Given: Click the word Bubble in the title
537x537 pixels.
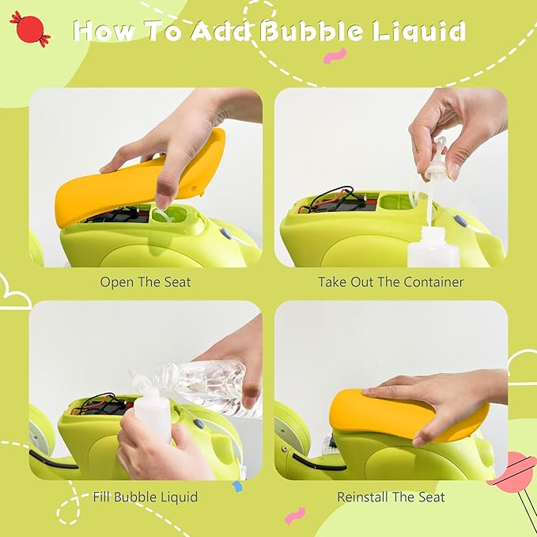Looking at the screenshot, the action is [x=311, y=31].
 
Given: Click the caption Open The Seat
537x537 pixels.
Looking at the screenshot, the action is [x=146, y=282].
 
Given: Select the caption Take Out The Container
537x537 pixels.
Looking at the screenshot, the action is [x=391, y=282].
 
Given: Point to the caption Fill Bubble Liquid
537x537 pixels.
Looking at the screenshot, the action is [x=146, y=497].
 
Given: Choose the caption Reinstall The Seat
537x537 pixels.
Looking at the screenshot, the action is [x=391, y=497].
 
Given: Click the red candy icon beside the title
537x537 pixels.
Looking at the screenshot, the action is [x=30, y=28].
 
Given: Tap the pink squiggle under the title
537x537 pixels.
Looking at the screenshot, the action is [x=335, y=56].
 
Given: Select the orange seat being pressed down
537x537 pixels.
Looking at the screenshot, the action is [x=407, y=416].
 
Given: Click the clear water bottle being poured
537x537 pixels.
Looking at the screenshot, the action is [x=206, y=385].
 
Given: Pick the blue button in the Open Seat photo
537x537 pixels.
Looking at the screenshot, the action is [x=226, y=233].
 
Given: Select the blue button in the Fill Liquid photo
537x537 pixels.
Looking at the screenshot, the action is [x=199, y=424].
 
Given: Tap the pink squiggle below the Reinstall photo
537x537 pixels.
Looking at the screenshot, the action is [x=294, y=516].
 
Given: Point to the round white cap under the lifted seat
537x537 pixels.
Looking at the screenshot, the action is [x=161, y=215].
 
